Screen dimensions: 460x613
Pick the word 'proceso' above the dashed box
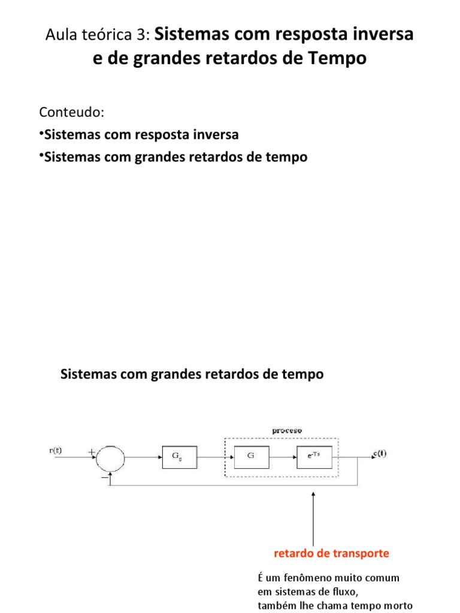[287, 430]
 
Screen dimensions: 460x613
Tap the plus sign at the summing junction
[92, 453]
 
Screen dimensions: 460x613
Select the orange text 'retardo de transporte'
[331, 553]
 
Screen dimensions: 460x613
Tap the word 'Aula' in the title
[59, 35]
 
